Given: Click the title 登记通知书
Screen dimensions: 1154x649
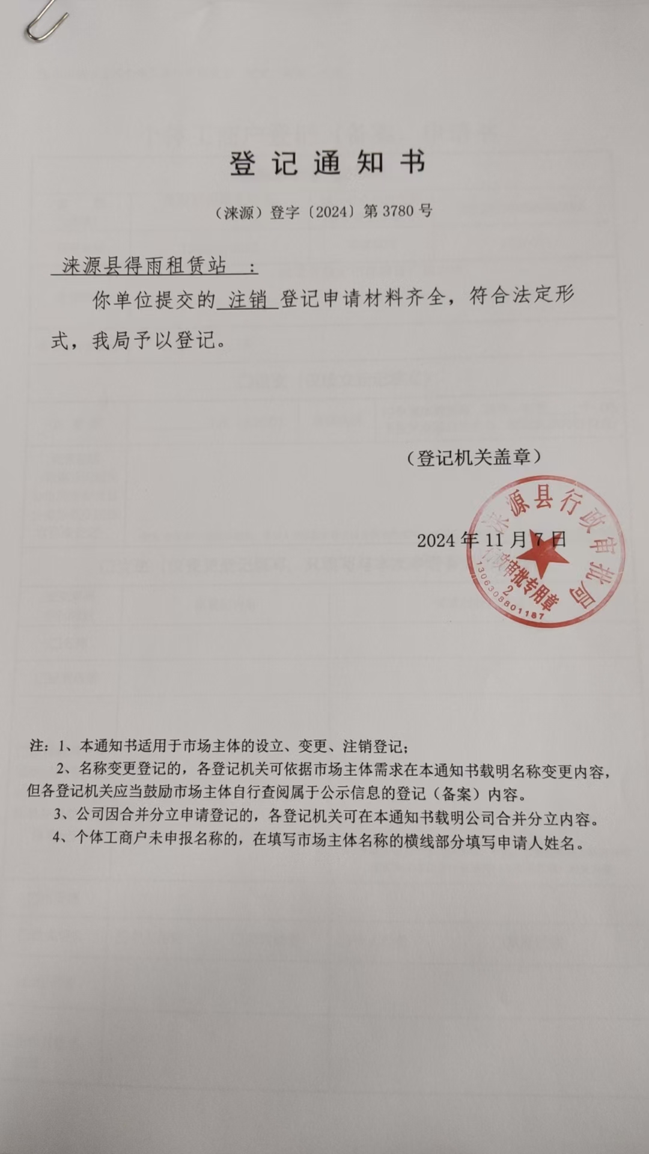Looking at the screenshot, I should point(328,163).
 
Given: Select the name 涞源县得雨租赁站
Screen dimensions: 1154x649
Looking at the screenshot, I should point(144,266).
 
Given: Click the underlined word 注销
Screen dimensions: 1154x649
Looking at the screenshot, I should point(247,299).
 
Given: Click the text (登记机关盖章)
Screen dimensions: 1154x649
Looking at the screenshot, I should point(473,458).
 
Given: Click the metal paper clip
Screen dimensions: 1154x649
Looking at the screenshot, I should point(45,21).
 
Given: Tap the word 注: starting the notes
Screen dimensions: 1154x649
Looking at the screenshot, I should point(39,746).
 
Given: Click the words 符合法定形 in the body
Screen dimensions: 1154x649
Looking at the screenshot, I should point(520,296).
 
